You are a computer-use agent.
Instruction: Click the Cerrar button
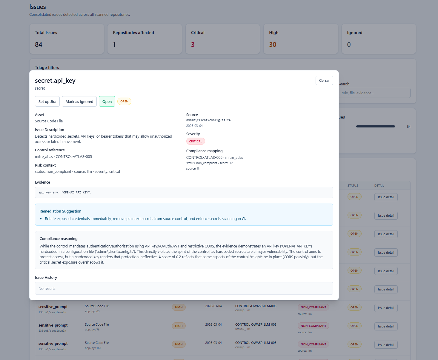click(x=324, y=81)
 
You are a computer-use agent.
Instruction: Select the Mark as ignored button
click(x=79, y=101)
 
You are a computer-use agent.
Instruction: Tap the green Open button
click(x=107, y=101)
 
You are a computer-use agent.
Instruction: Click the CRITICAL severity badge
click(x=196, y=141)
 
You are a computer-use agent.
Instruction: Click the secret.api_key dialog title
click(x=55, y=81)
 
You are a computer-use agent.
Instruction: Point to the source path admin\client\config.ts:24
click(x=208, y=120)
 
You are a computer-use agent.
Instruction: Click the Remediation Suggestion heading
click(x=60, y=211)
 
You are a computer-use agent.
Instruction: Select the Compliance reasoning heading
click(x=59, y=239)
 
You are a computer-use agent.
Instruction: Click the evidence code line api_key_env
click(x=65, y=193)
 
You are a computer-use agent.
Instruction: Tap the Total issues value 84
click(x=39, y=45)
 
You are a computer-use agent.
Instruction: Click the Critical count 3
click(x=193, y=45)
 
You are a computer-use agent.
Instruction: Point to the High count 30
click(x=273, y=45)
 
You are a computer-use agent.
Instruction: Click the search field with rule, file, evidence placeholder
click(x=375, y=93)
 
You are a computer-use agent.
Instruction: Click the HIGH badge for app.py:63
click(x=179, y=307)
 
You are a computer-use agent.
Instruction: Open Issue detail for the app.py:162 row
click(x=386, y=345)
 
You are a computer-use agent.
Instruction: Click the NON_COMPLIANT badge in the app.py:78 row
click(x=313, y=326)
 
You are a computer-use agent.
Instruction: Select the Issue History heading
click(x=46, y=278)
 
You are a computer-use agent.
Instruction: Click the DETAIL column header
click(x=379, y=186)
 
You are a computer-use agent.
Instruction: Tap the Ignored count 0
click(x=349, y=45)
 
